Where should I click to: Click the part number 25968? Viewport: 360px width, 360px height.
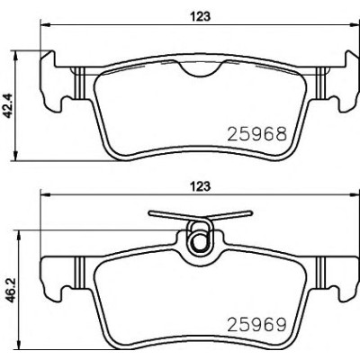click(257, 134)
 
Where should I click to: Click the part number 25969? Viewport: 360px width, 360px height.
click(257, 324)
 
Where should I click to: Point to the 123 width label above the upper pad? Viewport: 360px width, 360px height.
click(200, 16)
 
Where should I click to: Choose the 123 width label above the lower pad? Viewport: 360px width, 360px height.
click(200, 186)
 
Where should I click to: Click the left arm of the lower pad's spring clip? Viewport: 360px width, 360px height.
click(168, 216)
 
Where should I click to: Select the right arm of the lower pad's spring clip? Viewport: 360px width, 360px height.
click(231, 216)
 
